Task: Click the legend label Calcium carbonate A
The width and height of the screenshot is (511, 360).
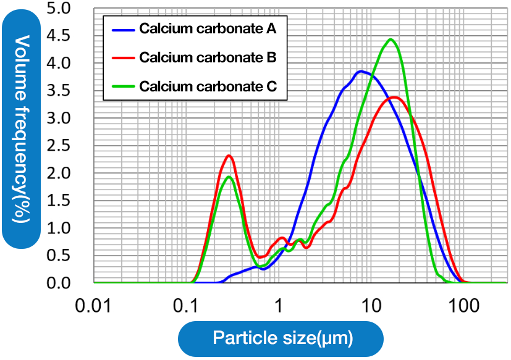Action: (x=207, y=28)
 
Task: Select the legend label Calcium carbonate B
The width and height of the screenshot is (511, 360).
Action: (x=207, y=57)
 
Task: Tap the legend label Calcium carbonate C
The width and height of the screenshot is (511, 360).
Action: (x=207, y=86)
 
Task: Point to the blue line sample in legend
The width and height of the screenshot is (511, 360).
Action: (x=122, y=28)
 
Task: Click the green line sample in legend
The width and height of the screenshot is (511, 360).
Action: (x=122, y=86)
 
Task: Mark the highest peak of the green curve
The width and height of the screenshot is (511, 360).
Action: (x=391, y=40)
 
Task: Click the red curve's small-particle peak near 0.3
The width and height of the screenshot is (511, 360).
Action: (x=229, y=156)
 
